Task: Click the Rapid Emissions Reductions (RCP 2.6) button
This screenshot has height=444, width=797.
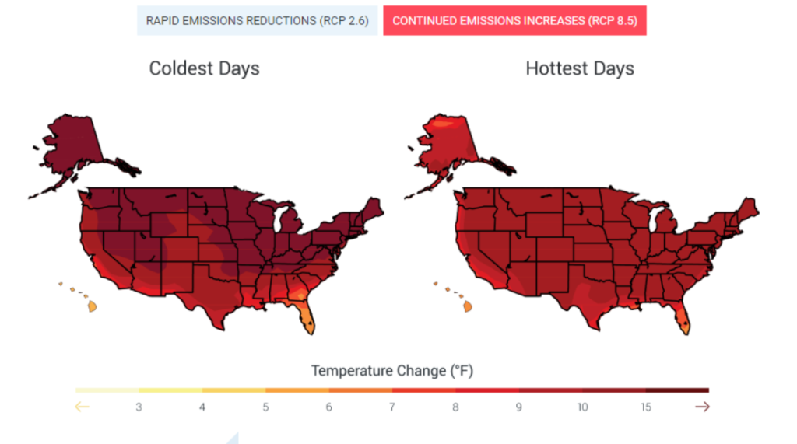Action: click(257, 20)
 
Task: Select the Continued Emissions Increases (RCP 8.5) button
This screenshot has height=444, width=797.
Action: click(514, 20)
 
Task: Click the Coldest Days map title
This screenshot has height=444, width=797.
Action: click(205, 68)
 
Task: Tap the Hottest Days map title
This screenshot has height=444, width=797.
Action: click(580, 68)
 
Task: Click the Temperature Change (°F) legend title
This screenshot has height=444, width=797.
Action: click(392, 371)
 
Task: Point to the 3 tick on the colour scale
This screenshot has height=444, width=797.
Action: click(139, 407)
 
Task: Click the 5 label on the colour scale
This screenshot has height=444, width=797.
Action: click(265, 407)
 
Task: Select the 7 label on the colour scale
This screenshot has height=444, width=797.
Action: click(392, 407)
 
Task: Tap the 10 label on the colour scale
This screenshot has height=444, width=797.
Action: click(582, 407)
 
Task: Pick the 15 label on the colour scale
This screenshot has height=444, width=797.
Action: click(645, 407)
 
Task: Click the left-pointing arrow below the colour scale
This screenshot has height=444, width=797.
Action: click(82, 407)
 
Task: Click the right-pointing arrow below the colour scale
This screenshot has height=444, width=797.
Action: click(703, 407)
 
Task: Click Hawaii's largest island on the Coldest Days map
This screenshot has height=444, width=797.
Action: click(92, 306)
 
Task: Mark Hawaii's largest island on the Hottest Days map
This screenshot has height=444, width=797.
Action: click(468, 306)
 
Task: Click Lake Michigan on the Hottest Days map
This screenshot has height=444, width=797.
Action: click(654, 219)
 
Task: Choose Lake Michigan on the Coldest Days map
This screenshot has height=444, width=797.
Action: click(279, 219)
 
